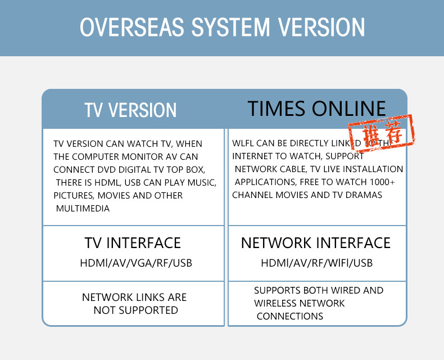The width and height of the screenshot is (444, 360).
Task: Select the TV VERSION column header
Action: click(130, 110)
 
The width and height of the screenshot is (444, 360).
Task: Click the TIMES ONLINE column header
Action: click(317, 109)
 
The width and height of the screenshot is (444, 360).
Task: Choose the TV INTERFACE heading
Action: click(133, 243)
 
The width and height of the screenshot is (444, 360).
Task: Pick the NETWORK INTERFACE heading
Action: click(316, 243)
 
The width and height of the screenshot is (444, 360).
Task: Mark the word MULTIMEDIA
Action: click(83, 209)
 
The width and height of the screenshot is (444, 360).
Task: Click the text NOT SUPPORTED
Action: click(135, 310)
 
